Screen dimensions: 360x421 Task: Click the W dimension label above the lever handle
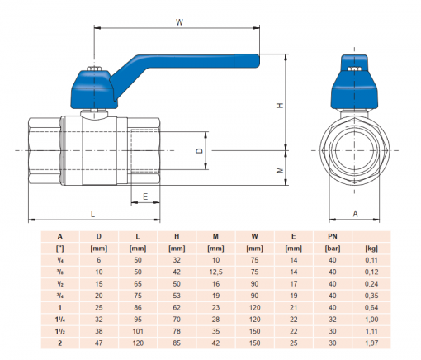click(x=179, y=22)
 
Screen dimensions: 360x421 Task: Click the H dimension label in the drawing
click(x=280, y=106)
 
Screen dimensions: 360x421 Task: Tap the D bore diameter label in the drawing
click(x=198, y=152)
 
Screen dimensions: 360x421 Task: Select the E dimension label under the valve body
click(x=145, y=197)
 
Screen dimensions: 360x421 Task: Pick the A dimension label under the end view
click(x=356, y=213)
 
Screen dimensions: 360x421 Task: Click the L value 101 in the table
click(x=137, y=327)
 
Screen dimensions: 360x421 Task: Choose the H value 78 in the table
click(x=176, y=327)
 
